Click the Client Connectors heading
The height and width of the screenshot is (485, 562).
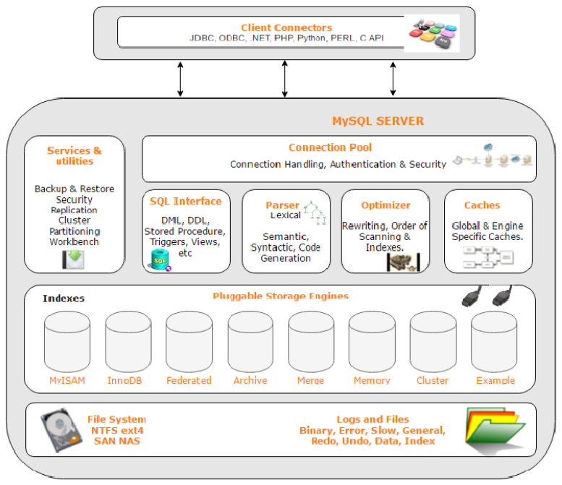tap(286, 27)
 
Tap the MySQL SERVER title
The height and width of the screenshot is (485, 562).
tap(378, 121)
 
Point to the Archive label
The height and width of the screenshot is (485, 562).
tap(250, 380)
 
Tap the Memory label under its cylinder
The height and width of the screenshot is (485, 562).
tap(372, 380)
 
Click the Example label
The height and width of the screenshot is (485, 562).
tap(495, 380)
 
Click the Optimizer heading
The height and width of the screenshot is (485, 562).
tap(386, 205)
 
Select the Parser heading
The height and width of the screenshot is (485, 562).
tap(282, 205)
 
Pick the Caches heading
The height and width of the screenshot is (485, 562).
tap(482, 205)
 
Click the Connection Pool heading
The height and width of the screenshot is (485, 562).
tap(330, 147)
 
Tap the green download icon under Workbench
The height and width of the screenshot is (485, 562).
tap(74, 259)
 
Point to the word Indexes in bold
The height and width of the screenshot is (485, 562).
tap(63, 298)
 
